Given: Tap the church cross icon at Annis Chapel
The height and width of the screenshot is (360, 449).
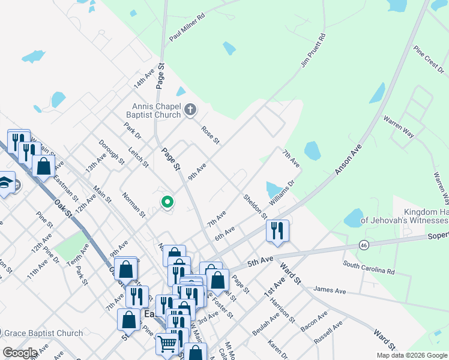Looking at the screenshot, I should (190, 109).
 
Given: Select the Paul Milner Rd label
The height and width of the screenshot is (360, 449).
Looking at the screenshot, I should (187, 28).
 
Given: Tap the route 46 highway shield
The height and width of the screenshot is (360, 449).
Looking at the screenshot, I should (364, 245).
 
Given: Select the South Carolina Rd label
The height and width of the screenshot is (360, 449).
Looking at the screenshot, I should (369, 267).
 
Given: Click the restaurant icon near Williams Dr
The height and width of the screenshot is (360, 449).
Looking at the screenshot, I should (277, 230).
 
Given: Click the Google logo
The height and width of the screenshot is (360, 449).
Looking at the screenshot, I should (20, 353).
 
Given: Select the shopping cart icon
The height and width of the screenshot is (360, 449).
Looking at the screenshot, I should (167, 344).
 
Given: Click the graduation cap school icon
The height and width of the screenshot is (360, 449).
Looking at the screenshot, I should (5, 182).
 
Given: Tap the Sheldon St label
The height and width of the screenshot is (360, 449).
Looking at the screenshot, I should (255, 206).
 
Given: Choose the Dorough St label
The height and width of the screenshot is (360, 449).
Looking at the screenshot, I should (112, 152).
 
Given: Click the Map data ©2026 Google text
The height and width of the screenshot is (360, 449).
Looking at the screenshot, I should (411, 355).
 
